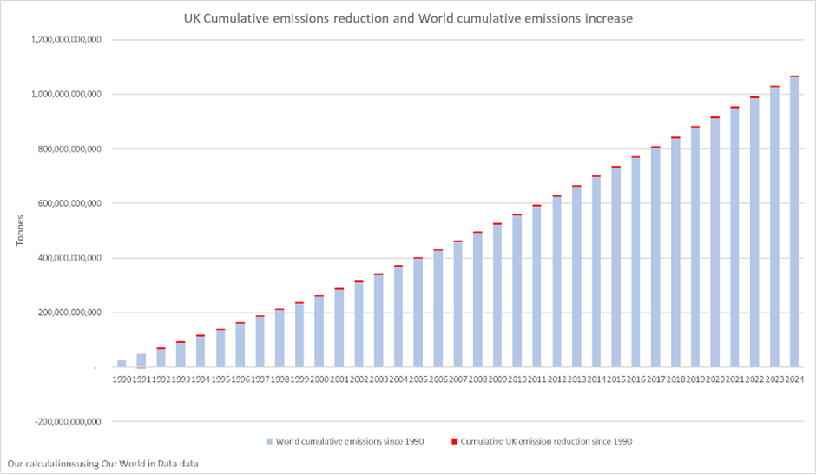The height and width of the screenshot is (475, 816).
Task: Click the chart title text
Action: pyautogui.click(x=407, y=17)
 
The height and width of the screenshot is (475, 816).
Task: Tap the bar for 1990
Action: pyautogui.click(x=122, y=363)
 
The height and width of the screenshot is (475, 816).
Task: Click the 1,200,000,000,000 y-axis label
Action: pyautogui.click(x=65, y=40)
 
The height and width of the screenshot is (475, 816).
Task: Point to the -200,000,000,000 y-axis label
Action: pyautogui.click(x=65, y=422)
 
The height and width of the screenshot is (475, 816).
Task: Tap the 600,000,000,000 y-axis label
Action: pyautogui.click(x=68, y=203)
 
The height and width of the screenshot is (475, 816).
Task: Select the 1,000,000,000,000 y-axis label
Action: pyautogui.click(x=65, y=94)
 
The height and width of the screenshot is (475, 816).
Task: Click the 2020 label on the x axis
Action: pyautogui.click(x=715, y=379)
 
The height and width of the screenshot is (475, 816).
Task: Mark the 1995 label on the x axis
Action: pyautogui.click(x=220, y=379)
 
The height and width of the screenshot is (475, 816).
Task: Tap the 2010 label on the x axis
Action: pyautogui.click(x=517, y=379)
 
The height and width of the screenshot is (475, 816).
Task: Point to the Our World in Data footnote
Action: pyautogui.click(x=102, y=464)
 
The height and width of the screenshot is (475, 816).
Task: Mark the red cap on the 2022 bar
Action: pyautogui.click(x=754, y=97)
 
